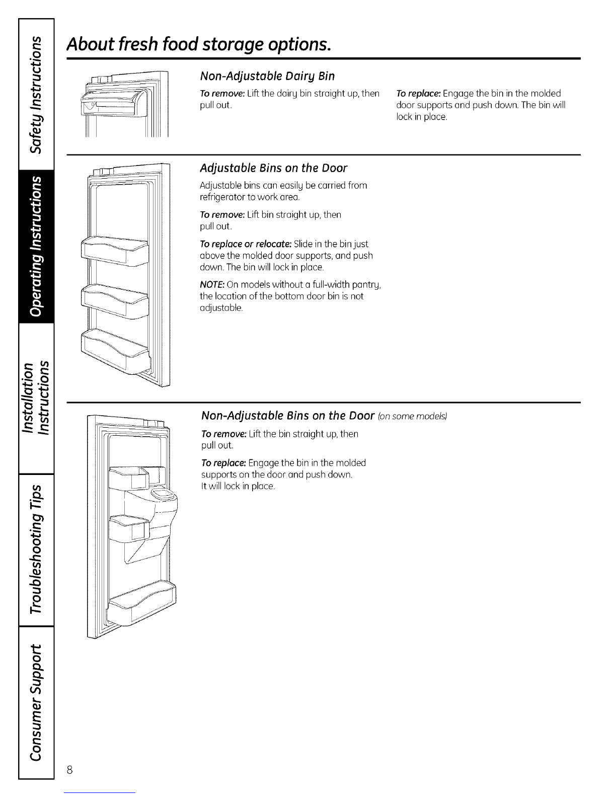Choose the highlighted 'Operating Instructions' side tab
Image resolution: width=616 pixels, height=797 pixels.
point(36,247)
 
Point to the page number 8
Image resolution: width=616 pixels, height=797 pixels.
point(70,770)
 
